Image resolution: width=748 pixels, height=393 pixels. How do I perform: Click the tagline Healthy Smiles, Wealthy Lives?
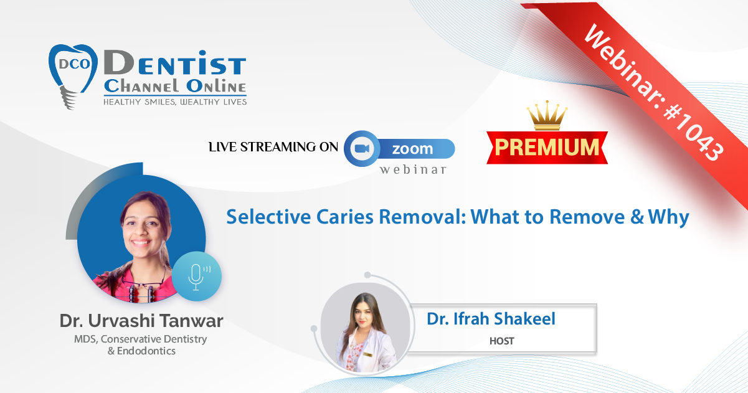175,102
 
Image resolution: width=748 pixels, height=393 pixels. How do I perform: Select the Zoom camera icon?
362,148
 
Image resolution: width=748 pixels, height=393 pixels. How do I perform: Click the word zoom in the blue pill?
412,149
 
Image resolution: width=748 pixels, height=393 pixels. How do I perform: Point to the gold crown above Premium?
547,115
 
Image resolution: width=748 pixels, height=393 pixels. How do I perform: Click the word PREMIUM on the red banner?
547,147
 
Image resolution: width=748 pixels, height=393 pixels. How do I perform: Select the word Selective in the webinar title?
268,217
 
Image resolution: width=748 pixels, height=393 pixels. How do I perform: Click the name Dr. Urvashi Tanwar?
141,321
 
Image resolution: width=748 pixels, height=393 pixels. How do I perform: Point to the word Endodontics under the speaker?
146,351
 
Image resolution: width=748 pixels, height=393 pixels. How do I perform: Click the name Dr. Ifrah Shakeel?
491,318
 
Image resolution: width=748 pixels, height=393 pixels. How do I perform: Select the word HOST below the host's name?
501,341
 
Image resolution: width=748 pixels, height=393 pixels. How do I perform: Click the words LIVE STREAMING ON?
273,147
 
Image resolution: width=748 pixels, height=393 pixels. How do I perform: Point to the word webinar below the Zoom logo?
413,169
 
